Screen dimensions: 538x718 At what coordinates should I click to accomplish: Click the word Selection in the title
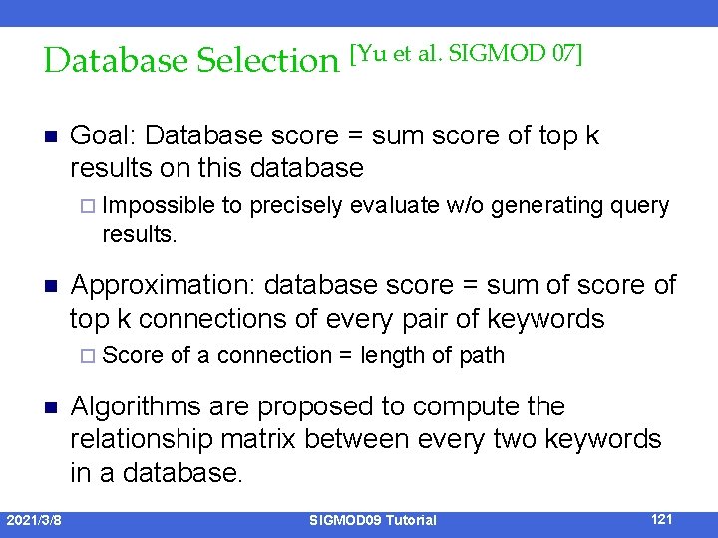(268, 61)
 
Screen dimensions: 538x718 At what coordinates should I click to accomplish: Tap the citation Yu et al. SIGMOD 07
(466, 54)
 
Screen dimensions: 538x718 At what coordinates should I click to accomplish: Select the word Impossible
(158, 206)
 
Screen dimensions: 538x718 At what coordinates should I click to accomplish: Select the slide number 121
(660, 519)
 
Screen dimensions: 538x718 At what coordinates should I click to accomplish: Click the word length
(391, 356)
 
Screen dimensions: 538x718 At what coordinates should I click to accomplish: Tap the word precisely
(293, 206)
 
